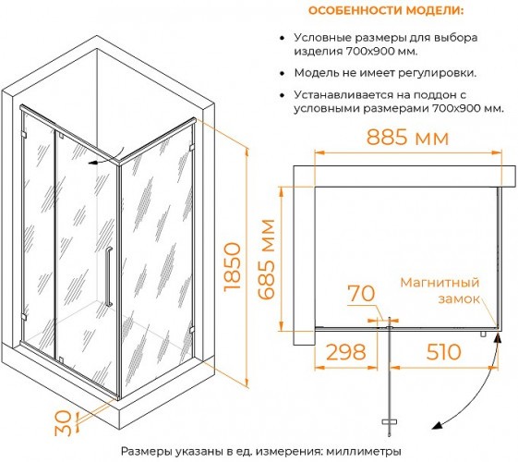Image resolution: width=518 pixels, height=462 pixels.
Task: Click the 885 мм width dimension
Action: pos(408,137)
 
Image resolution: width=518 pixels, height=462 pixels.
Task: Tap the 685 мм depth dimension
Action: pos(266,260)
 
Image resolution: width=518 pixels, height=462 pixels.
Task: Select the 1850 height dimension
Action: pos(233,267)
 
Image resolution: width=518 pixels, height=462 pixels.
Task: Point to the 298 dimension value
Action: pos(346,352)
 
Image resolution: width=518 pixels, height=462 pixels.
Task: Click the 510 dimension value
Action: pos(443,352)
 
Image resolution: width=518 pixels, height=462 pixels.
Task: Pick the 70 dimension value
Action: pos(361,293)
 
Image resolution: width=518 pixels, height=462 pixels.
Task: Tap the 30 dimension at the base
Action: pos(63,423)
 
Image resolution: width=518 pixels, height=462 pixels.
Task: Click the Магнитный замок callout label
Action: pos(440,290)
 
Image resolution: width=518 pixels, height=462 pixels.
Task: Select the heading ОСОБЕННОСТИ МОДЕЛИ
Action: pos(386,10)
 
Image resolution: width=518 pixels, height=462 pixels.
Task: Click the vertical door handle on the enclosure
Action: pos(109,276)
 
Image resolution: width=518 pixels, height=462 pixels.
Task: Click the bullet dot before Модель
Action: pos(282,73)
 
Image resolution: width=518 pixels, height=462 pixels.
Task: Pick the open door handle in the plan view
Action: pos(389,422)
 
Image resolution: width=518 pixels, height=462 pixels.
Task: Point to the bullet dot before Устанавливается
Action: pos(282,95)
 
